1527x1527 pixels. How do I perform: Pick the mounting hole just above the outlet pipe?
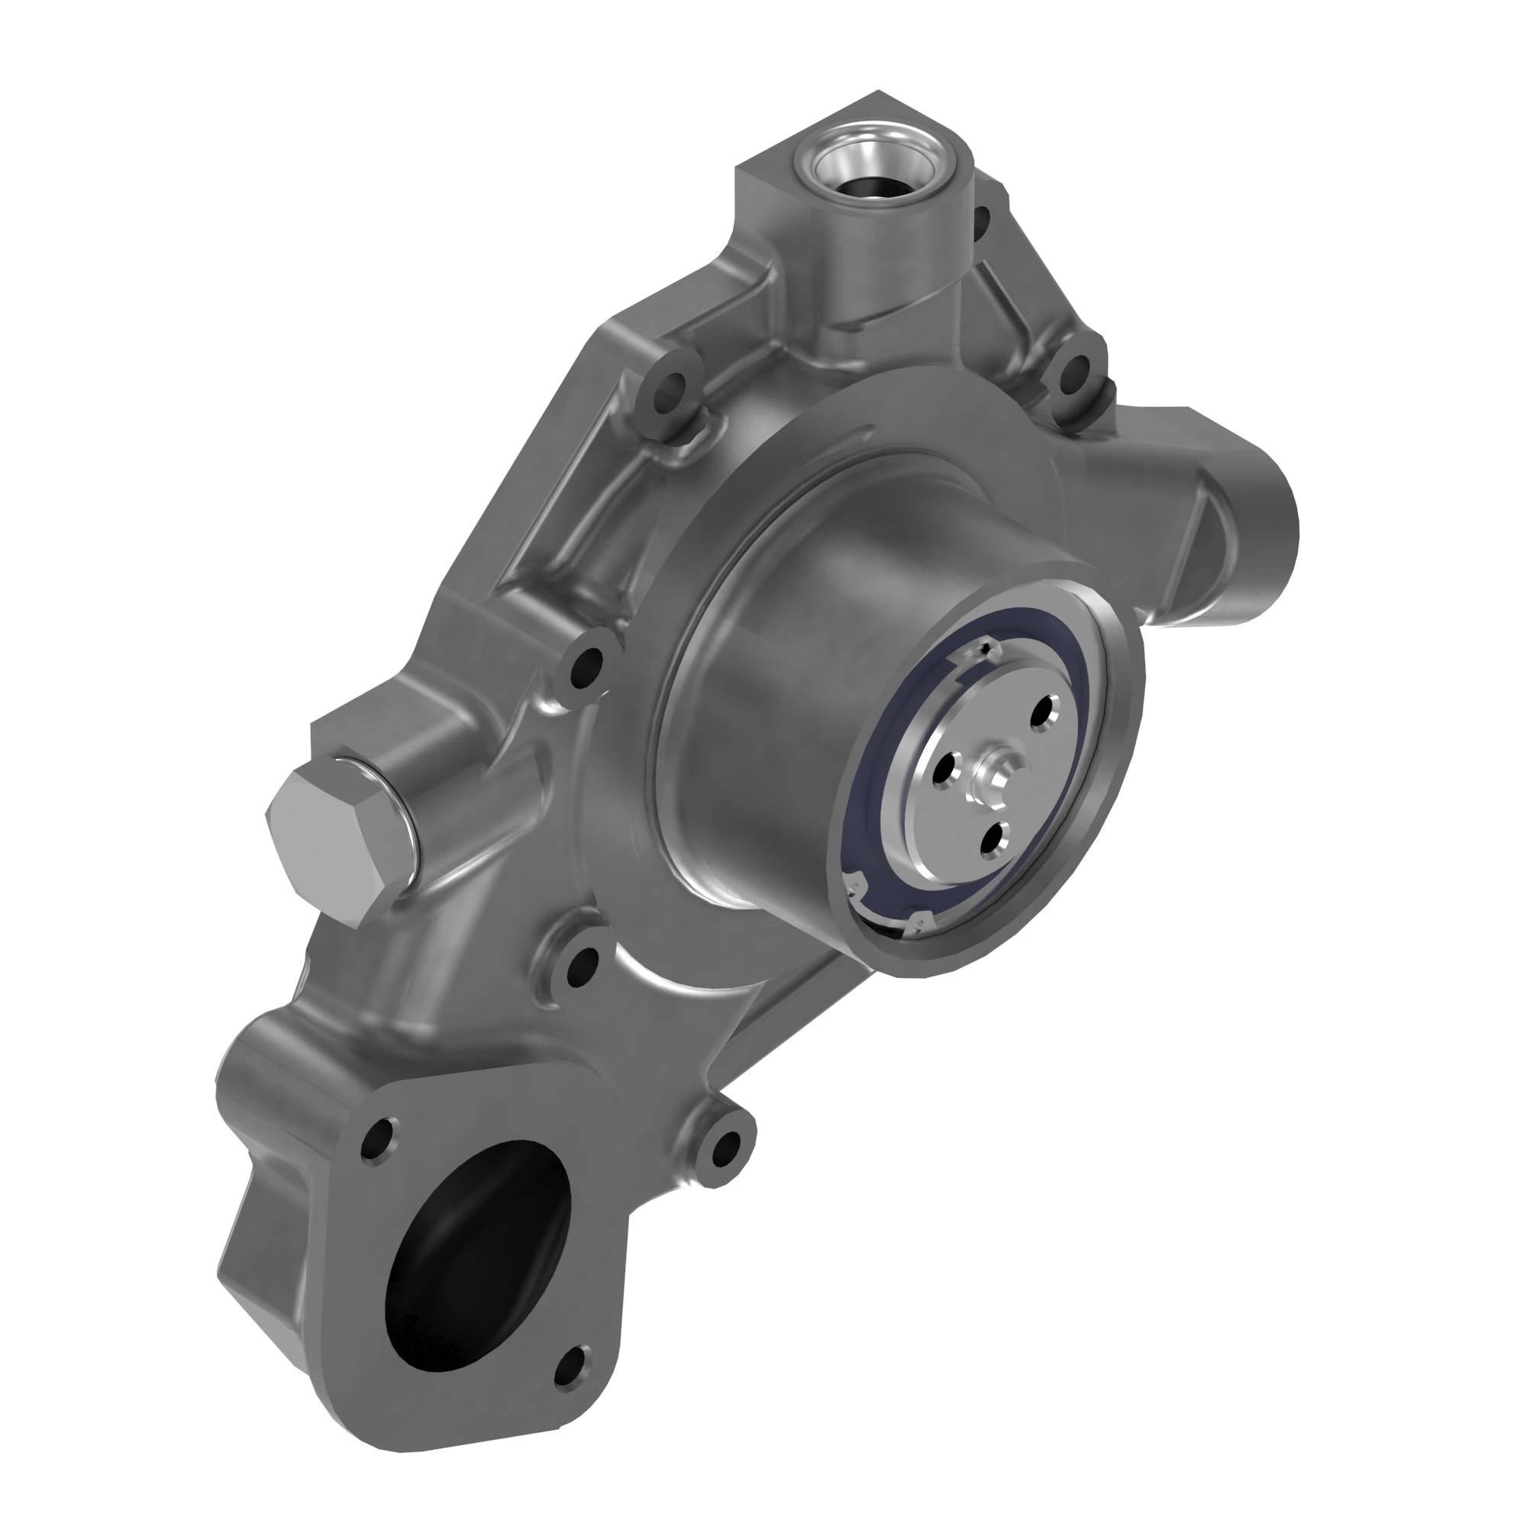coord(1074,372)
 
